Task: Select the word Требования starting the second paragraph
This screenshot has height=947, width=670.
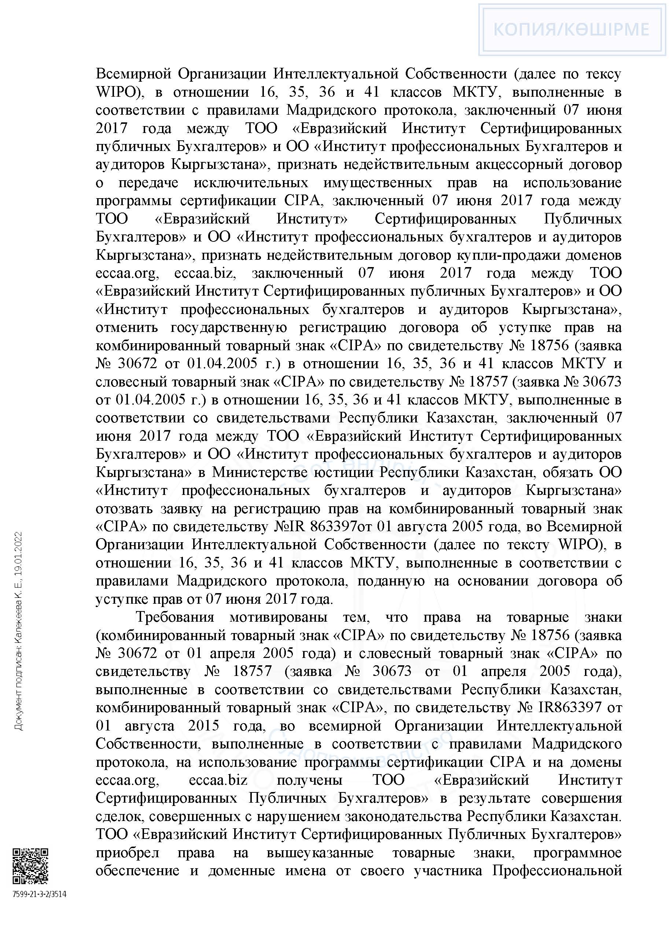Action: click(x=175, y=617)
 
